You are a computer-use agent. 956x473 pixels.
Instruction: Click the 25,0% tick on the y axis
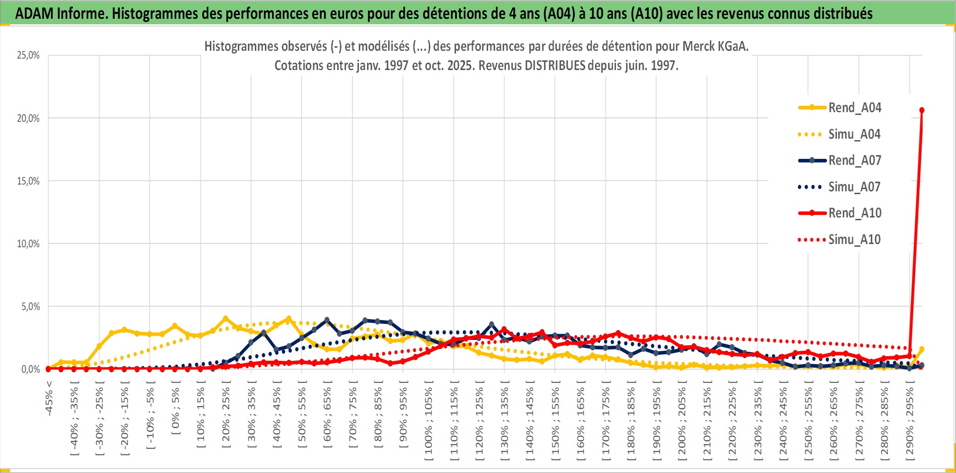tap(28, 55)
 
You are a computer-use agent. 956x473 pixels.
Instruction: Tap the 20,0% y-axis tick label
tap(28, 118)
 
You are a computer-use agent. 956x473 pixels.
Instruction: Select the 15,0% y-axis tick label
tap(28, 181)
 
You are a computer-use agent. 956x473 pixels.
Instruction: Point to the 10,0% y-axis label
tap(28, 244)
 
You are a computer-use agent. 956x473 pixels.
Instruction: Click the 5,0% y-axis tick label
tap(31, 306)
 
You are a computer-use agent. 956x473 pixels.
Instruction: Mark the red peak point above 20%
tap(922, 110)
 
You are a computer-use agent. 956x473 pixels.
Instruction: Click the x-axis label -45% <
tap(49, 398)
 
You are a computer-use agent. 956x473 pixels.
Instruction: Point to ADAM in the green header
tap(34, 13)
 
